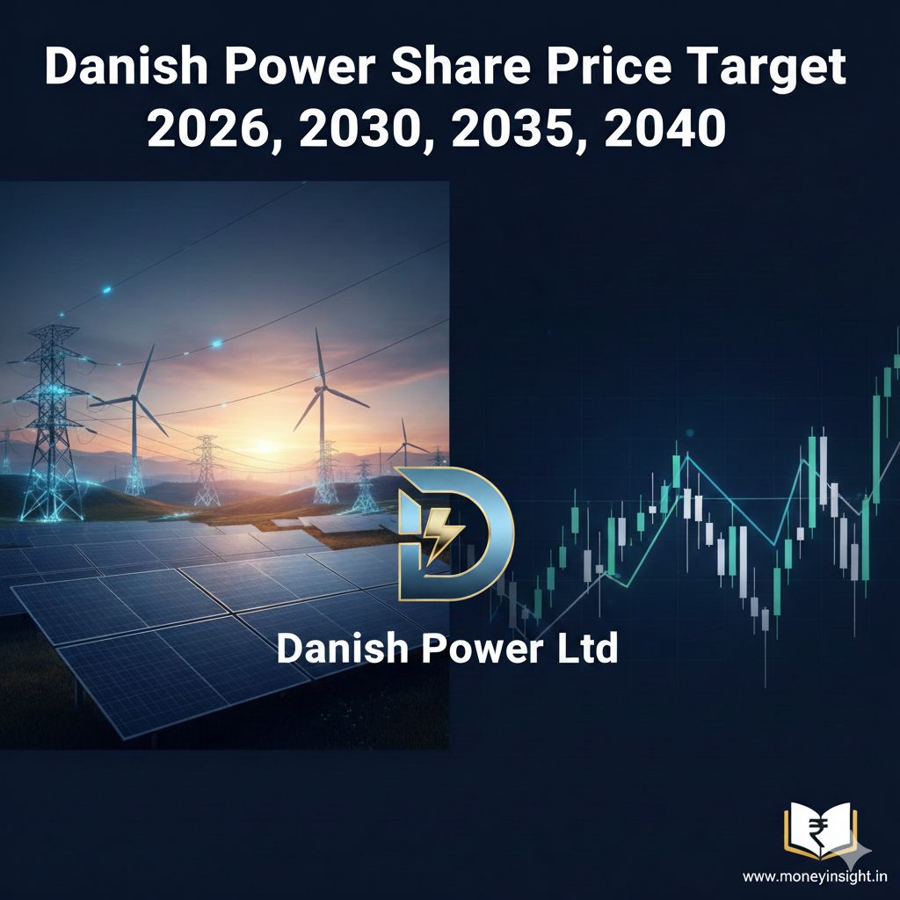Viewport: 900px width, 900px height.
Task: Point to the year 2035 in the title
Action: point(513,128)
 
